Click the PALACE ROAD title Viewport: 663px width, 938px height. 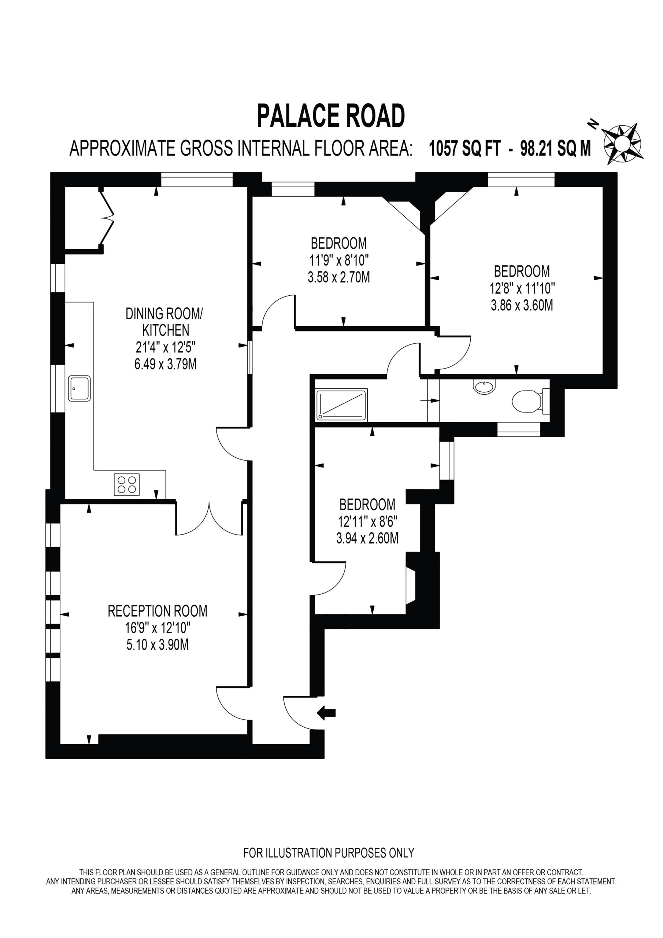pyautogui.click(x=331, y=116)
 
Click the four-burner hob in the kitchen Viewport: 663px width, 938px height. pyautogui.click(x=127, y=484)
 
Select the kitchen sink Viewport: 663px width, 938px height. pyautogui.click(x=79, y=388)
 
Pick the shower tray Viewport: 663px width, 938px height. pyautogui.click(x=341, y=405)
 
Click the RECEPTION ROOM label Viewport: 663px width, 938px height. pyautogui.click(x=157, y=611)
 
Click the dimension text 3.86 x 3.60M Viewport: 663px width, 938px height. pyautogui.click(x=522, y=305)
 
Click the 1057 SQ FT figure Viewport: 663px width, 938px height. pyautogui.click(x=464, y=148)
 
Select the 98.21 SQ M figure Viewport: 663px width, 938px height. pyautogui.click(x=556, y=148)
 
